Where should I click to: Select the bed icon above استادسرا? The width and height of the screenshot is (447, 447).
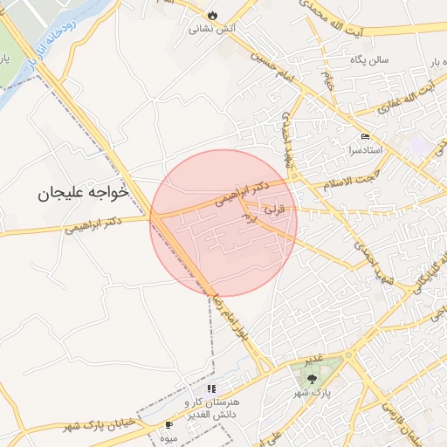pyautogui.click(x=365, y=137)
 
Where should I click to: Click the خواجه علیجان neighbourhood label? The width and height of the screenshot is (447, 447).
pyautogui.click(x=83, y=191)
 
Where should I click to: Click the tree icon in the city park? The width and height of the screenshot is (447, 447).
pyautogui.click(x=312, y=379)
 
